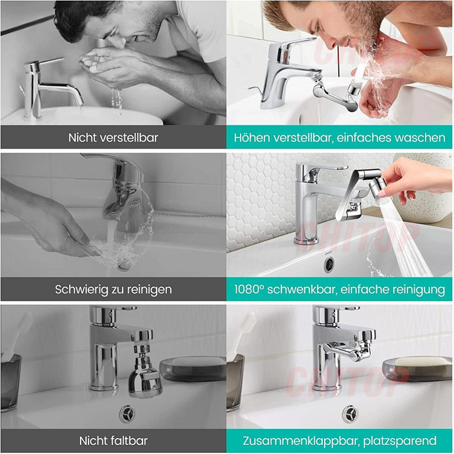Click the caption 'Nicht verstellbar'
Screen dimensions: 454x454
[x=113, y=137]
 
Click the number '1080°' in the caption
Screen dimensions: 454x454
[x=249, y=289]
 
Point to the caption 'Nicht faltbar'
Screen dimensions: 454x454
[x=113, y=441]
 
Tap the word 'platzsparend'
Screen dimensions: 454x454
[x=400, y=442]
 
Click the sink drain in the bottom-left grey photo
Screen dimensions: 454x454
[x=127, y=414]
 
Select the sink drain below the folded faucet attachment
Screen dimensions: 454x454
[x=350, y=414]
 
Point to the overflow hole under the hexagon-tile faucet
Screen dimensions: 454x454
[x=329, y=264]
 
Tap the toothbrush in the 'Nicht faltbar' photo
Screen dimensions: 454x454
[x=18, y=336]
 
